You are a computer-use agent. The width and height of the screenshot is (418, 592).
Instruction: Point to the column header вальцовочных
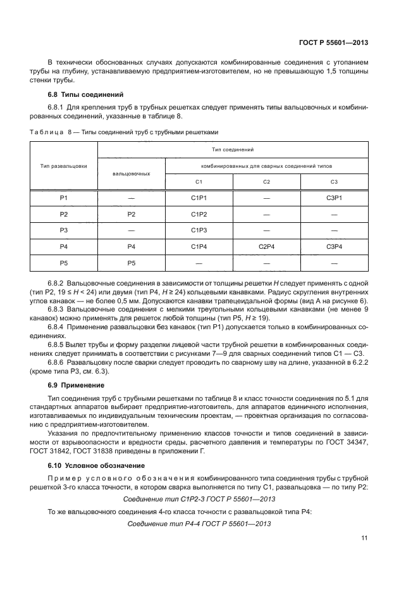coord(131,172)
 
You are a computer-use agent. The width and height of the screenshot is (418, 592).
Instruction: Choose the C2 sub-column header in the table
coord(266,182)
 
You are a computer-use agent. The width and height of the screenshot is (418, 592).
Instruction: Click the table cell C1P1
coord(199,198)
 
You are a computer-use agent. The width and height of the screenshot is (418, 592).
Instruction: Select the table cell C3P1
coord(334,198)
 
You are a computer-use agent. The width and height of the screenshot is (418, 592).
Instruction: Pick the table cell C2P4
coord(266,246)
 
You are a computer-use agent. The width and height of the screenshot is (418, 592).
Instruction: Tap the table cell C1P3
coord(199,230)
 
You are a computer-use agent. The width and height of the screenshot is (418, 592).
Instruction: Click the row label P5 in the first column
coord(63,261)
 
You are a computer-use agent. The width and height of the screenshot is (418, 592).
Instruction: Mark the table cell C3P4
coord(334,246)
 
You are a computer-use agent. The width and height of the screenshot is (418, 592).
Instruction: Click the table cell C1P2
coord(199,214)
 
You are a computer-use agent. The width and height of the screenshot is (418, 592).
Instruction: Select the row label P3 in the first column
coord(63,230)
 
